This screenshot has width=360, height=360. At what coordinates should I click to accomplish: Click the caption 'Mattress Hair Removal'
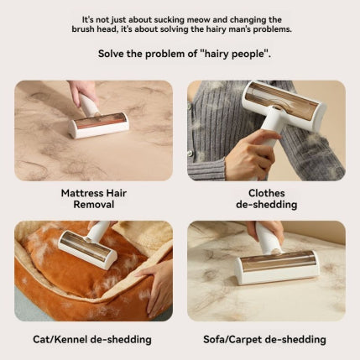point(94,198)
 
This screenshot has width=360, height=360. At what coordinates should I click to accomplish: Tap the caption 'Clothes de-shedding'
point(266,198)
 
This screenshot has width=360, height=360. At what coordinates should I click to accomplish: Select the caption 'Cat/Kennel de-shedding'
point(94,339)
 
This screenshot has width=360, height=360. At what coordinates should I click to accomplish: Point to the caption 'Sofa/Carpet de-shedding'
point(266,339)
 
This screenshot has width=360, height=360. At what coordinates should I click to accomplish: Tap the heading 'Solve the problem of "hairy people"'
point(180,54)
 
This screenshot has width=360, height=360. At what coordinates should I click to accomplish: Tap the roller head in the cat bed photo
point(87,250)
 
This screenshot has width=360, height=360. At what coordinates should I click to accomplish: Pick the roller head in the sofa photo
point(277,266)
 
